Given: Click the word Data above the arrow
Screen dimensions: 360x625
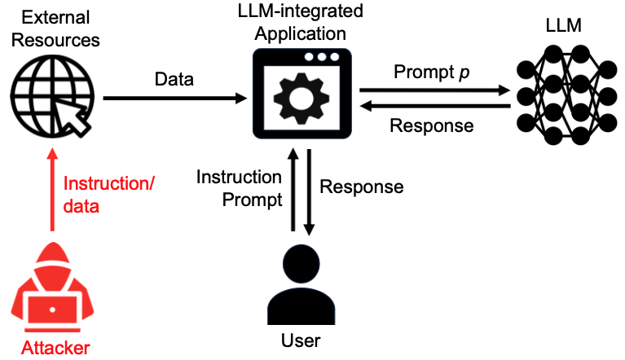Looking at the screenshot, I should pos(175,80).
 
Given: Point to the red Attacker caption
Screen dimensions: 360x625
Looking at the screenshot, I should pos(55,349).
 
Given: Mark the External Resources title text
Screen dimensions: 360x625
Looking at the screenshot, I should pos(51,29).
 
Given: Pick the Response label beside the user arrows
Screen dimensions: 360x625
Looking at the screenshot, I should pos(361,187).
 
